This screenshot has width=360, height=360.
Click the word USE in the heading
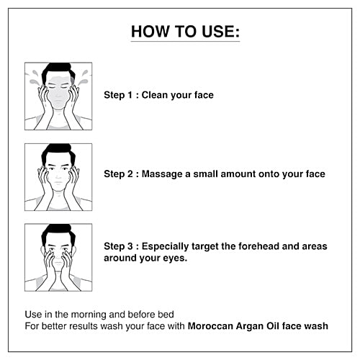221,31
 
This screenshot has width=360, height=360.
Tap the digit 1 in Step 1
130,95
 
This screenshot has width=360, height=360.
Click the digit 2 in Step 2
130,174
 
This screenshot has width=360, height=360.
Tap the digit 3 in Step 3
130,246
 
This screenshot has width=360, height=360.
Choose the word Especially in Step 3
165,247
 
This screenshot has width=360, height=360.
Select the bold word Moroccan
210,326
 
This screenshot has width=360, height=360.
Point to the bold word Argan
250,327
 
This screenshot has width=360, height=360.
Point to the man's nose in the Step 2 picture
58,176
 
